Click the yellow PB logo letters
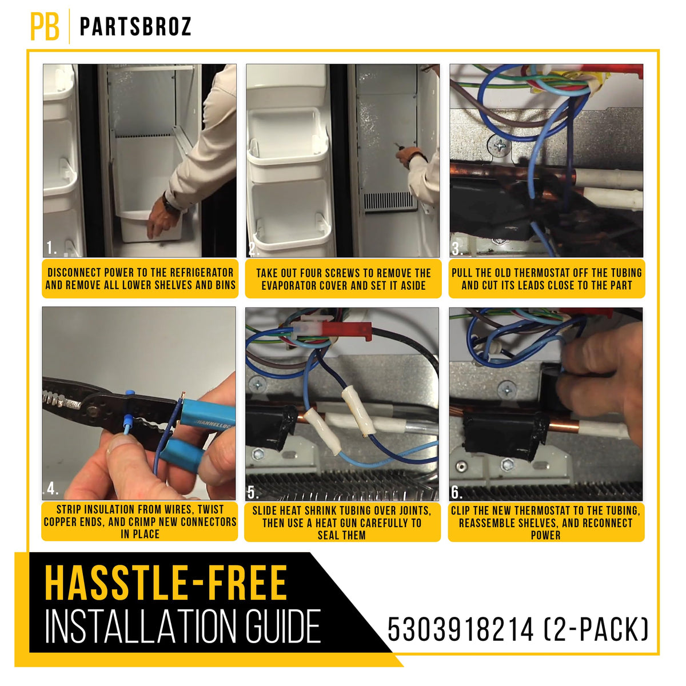[x=45, y=27]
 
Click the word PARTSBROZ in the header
[x=135, y=27]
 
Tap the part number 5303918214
[x=460, y=629]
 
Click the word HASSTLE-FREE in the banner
[x=166, y=583]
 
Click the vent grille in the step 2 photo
[x=389, y=202]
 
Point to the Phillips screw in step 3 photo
[x=500, y=145]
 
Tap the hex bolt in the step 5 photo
[x=258, y=453]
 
